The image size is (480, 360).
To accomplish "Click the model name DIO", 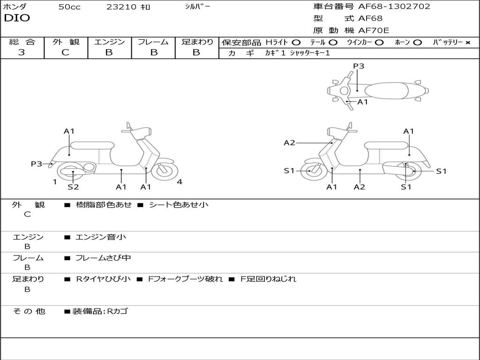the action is (17, 18).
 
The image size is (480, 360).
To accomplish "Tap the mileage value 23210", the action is (121, 7).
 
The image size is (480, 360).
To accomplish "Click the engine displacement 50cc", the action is (69, 7).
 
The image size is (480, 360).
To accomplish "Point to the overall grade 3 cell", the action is (22, 52).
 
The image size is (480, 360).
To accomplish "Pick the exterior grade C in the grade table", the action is (65, 52).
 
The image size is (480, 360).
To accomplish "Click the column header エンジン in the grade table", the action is (109, 42).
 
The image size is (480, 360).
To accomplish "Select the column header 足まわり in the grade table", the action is (197, 42).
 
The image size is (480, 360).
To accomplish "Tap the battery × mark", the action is (467, 42).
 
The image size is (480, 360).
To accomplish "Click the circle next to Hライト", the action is (296, 42).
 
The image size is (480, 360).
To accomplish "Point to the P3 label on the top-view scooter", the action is (359, 66).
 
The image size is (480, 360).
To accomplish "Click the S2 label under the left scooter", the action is (73, 187).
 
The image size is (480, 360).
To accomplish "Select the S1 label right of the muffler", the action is (441, 171).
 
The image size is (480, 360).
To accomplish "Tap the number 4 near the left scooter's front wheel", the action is (180, 182).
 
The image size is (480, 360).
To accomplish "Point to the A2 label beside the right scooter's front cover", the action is (289, 142).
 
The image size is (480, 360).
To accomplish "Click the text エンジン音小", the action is (101, 237).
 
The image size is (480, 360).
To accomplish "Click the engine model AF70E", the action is (374, 30).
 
